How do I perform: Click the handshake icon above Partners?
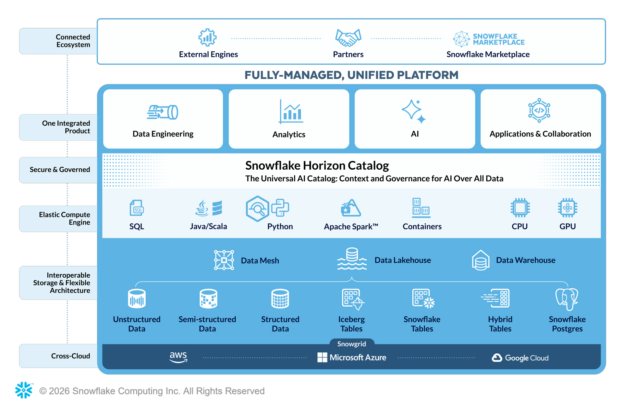point(348,38)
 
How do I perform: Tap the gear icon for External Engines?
point(208,37)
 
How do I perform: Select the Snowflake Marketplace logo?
point(489,39)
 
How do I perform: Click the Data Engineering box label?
point(163,134)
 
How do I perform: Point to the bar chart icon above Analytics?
point(291,112)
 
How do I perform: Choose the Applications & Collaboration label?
point(540,134)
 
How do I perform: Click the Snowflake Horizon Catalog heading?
point(317,165)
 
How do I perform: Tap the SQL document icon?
point(137,208)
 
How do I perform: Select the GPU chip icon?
point(568,208)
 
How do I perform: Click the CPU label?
point(519,227)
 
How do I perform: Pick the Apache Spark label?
point(351,227)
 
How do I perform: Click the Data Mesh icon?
point(224,260)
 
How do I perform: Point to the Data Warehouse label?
point(526,260)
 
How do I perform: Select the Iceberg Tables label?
point(351,324)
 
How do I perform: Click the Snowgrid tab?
point(351,344)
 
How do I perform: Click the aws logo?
point(178,357)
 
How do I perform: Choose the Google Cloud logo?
point(520,358)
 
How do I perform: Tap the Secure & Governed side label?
point(60,170)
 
